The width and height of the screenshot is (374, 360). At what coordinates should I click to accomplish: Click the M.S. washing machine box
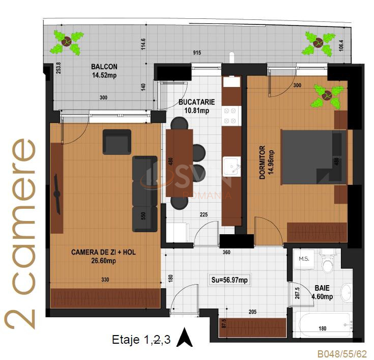[304, 259]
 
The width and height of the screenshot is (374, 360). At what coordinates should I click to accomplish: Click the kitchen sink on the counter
[233, 165]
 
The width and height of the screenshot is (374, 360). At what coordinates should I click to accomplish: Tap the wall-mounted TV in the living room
[59, 194]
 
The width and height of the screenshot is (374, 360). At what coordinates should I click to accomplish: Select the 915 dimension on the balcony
[196, 53]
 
